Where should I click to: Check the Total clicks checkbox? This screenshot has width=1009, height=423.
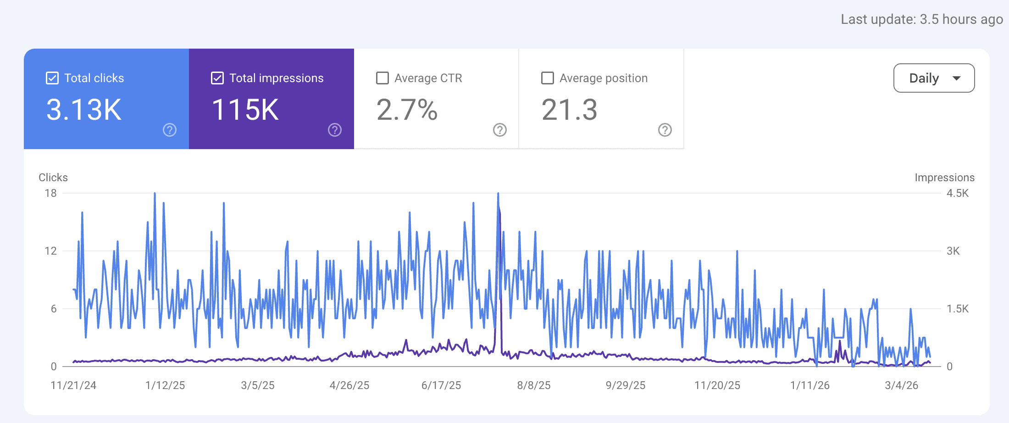pos(52,78)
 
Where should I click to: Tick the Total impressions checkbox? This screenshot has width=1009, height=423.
pos(217,78)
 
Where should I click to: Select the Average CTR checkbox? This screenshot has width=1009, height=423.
pos(383,78)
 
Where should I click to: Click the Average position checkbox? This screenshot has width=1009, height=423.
pos(548,78)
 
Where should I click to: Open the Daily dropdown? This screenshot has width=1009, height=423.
pos(934,78)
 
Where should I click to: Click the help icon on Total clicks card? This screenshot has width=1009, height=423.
pos(170,130)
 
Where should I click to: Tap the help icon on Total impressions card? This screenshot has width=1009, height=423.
pos(335,130)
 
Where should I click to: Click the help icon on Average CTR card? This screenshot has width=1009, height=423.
pos(500,130)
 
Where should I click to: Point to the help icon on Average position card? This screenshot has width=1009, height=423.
pos(665,130)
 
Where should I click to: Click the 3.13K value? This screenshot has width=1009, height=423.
pos(84,110)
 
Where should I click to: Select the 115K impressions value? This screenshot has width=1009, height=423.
pos(245,110)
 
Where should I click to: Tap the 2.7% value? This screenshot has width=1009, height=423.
pos(407,110)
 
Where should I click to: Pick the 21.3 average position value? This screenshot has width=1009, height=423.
pos(569,110)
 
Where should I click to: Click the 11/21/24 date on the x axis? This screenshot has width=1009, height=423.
pos(73,385)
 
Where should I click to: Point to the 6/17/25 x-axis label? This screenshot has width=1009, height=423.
pos(441,385)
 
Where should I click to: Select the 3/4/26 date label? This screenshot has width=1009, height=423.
pos(901,385)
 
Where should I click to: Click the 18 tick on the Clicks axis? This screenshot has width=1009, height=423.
pos(50,193)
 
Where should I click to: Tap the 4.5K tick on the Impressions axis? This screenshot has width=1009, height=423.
pos(958,193)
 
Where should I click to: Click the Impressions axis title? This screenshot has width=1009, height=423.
pos(944,178)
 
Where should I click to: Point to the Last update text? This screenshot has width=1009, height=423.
pos(922,19)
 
